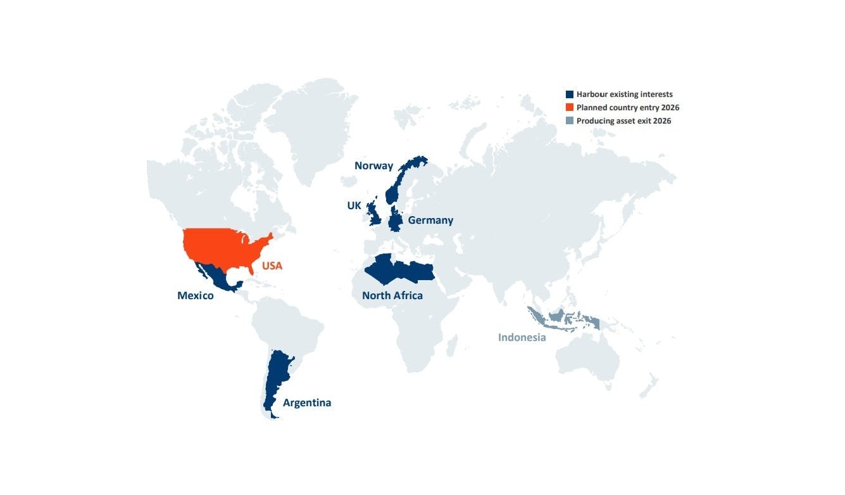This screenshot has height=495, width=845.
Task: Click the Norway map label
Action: click(x=373, y=166)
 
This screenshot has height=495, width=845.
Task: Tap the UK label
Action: click(x=354, y=206)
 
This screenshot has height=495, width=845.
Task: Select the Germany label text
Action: click(x=430, y=221)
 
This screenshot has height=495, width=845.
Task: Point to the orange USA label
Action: click(x=272, y=266)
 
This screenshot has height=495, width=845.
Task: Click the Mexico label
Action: click(x=196, y=296)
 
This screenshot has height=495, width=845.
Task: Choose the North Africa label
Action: click(x=392, y=296)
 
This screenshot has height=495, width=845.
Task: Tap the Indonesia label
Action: click(x=522, y=337)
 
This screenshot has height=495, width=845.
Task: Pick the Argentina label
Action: click(x=307, y=403)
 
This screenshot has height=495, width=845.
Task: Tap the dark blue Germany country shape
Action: click(x=396, y=220)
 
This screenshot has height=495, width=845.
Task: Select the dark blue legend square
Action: click(x=570, y=94)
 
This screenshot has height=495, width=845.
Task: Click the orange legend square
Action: click(x=570, y=108)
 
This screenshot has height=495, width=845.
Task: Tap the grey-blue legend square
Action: click(x=570, y=121)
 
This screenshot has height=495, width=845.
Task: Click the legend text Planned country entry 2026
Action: click(x=627, y=108)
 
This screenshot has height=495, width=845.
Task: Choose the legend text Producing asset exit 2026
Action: click(x=623, y=121)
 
